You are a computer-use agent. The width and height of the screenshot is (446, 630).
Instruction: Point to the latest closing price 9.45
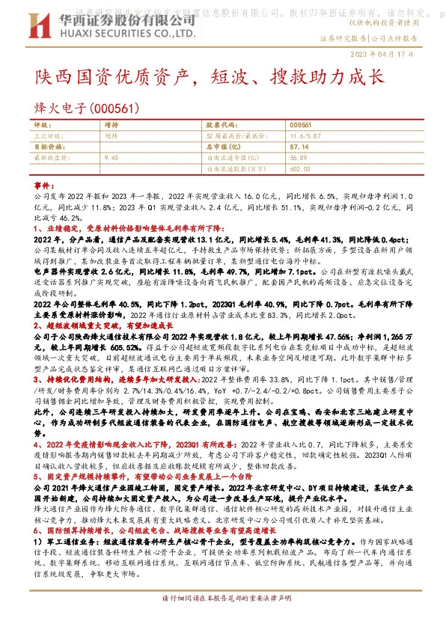pyautogui.click(x=111, y=158)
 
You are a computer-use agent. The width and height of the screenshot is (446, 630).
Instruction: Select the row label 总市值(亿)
pyautogui.click(x=222, y=147)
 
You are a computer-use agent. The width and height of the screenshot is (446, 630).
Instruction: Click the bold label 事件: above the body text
pyautogui.click(x=43, y=184)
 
